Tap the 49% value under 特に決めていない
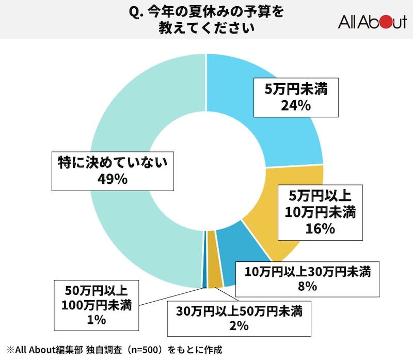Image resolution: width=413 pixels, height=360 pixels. click(113, 179)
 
